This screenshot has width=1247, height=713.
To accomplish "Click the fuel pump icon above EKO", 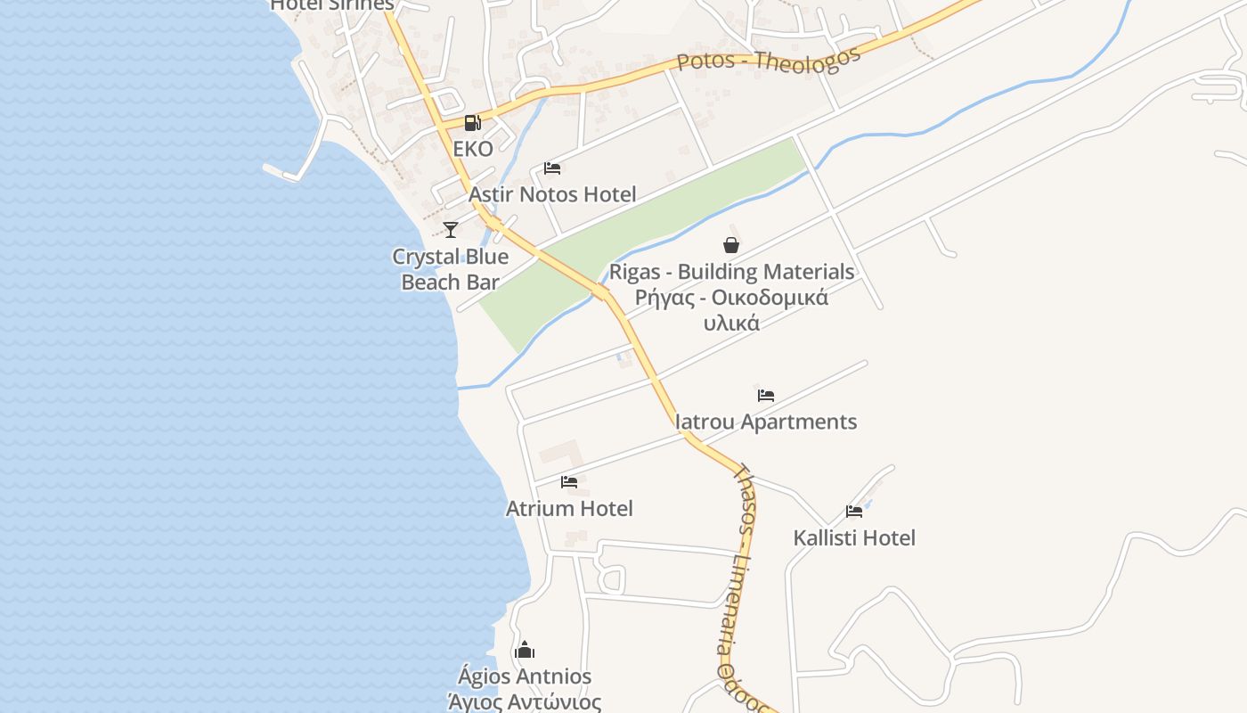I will [x=472, y=123].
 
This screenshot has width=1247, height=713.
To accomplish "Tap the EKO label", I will [x=473, y=149].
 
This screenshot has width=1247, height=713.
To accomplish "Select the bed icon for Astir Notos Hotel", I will [x=552, y=168].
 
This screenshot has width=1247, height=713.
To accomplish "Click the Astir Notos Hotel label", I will [x=552, y=194].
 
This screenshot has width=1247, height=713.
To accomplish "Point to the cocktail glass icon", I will [x=451, y=230].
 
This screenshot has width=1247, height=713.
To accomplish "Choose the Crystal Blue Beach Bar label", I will [x=451, y=269].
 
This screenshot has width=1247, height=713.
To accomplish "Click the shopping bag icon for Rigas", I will [x=731, y=245].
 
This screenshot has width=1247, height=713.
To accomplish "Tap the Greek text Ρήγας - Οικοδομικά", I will [x=731, y=298].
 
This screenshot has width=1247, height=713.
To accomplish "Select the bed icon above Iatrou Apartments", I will [x=766, y=396].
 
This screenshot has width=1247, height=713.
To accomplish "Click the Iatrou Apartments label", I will [x=766, y=422].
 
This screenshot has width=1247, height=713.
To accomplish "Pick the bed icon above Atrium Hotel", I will [x=569, y=482].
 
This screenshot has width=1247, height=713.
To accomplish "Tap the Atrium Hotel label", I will [x=569, y=509].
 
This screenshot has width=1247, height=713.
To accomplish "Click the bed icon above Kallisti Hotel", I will [x=854, y=512].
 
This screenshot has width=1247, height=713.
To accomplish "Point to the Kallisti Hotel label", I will [x=854, y=538].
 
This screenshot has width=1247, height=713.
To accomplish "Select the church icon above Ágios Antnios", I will [x=525, y=650].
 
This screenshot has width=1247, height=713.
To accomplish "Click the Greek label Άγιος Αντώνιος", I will [x=525, y=701].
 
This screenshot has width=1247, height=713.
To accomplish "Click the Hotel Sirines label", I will [x=331, y=5].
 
